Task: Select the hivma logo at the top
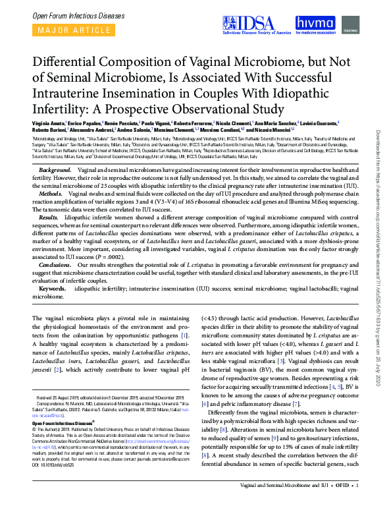point(315,24)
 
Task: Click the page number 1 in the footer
point(356,504)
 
